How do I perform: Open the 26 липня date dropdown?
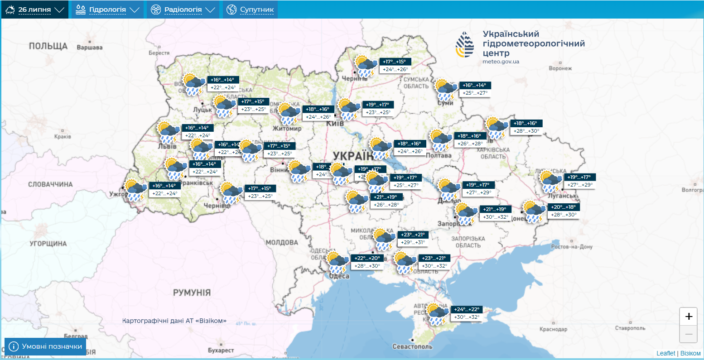[x=35, y=10]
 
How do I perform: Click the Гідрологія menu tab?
[x=107, y=10]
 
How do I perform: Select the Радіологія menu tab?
[x=183, y=10]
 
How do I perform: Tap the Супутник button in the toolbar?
[x=250, y=10]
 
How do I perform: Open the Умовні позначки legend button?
[x=45, y=346]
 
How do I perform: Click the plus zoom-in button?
[x=689, y=316]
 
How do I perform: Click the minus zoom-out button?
[x=689, y=334]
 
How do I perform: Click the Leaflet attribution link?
[x=665, y=353]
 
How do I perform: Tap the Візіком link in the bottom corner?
[x=690, y=353]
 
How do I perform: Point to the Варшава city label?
[x=90, y=48]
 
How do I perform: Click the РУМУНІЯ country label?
[x=192, y=293]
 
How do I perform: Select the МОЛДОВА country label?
[x=282, y=243]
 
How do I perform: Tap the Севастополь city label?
[x=412, y=346]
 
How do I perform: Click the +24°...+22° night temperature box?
[x=466, y=310]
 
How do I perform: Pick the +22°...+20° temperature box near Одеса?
[x=367, y=258]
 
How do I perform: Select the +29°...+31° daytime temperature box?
[x=413, y=242]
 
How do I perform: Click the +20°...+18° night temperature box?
[x=563, y=207]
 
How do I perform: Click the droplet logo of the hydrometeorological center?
[x=465, y=44]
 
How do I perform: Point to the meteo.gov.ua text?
[x=501, y=62]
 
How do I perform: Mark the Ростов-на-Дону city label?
[x=572, y=247]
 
